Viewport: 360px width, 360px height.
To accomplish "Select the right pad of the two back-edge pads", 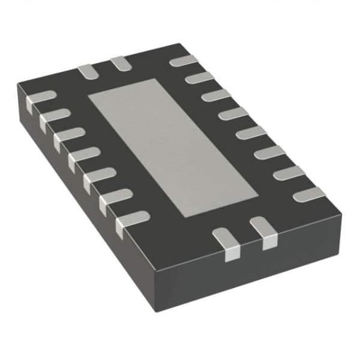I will [x=119, y=63].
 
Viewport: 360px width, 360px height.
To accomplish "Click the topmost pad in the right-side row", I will [x=184, y=60].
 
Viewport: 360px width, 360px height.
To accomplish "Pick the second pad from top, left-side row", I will [x=52, y=116].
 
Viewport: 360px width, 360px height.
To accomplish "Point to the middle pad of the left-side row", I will [x=82, y=156].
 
